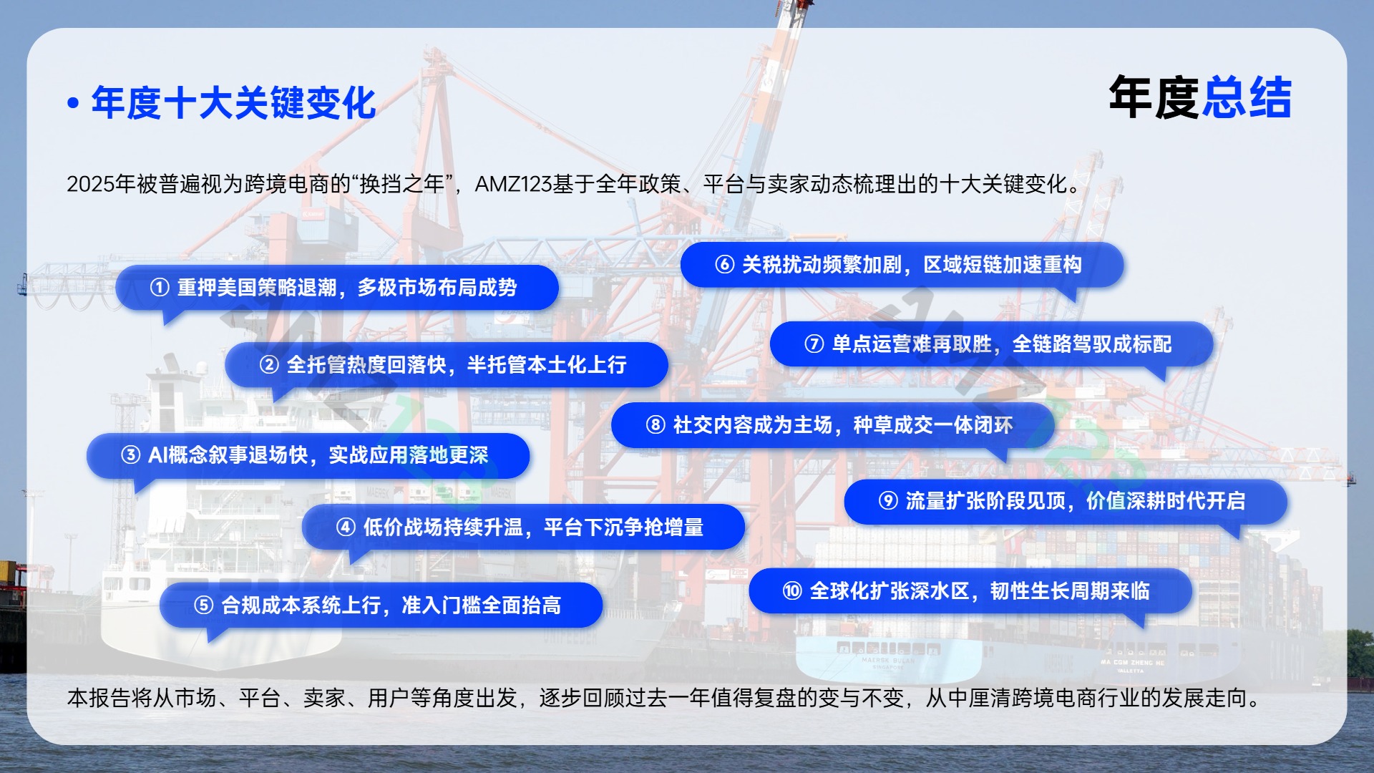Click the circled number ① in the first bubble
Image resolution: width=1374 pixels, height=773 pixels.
[x=159, y=288]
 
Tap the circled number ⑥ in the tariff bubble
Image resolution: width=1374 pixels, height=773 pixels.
[x=724, y=265]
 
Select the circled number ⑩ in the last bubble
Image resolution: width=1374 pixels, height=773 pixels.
[x=792, y=591]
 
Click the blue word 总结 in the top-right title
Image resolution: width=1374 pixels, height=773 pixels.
[x=1247, y=98]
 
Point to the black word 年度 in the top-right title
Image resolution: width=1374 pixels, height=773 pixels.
[x=1154, y=98]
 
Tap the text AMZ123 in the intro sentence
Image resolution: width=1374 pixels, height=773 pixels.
[x=513, y=185]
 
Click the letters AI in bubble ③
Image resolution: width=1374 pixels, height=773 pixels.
[x=157, y=455]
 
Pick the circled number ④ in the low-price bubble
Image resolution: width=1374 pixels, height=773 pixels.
[x=346, y=528]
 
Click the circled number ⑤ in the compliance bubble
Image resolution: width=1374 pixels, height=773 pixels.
[x=203, y=606]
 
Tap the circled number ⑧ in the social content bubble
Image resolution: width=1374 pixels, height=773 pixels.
[x=655, y=425]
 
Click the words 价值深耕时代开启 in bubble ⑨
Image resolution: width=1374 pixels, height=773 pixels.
[x=1166, y=501]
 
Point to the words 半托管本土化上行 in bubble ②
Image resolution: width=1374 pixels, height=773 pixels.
[x=547, y=365]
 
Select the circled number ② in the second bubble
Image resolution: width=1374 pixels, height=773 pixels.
[x=268, y=365]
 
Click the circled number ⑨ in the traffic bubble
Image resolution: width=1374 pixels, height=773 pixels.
[x=888, y=501]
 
